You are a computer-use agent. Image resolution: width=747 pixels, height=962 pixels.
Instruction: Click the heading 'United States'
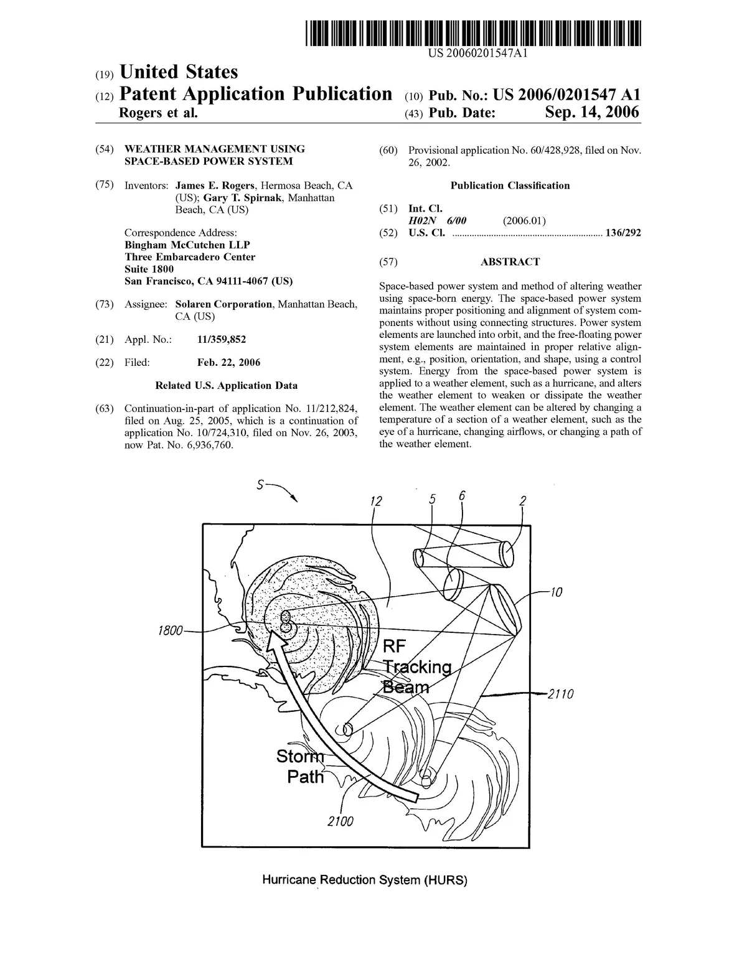tap(178, 72)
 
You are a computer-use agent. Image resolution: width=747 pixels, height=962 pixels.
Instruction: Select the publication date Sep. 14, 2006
tap(592, 113)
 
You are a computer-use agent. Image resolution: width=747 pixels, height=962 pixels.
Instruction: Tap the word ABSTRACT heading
tap(510, 262)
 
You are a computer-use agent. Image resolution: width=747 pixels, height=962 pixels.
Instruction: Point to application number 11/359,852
tap(221, 339)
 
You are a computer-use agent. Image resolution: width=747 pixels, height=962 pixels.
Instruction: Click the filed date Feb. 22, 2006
tap(228, 362)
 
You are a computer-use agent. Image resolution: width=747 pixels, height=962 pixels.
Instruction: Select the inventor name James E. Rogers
tap(215, 185)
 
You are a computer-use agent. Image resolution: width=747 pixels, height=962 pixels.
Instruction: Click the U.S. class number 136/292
tap(623, 233)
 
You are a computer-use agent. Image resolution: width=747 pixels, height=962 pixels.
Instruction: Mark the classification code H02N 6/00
tap(437, 221)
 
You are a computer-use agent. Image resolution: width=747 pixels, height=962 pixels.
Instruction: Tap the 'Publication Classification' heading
tap(510, 185)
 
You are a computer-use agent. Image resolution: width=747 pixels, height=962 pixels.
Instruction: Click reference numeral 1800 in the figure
tap(170, 630)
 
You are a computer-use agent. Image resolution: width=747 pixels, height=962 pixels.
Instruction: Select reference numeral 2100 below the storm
tap(341, 821)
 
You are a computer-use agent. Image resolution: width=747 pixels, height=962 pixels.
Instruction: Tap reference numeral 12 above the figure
tap(375, 502)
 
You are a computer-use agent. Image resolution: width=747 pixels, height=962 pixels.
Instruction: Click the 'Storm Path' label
tap(301, 767)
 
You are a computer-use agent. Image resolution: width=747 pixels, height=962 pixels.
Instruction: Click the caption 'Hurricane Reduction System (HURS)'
tap(364, 880)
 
